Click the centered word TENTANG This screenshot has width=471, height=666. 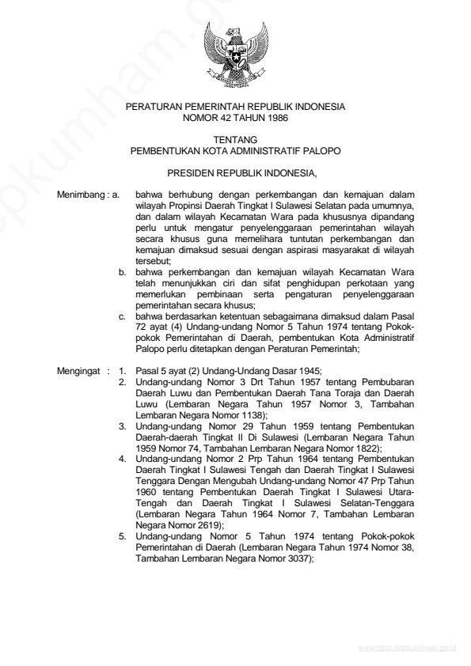[235, 139]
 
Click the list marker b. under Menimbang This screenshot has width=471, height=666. [123, 271]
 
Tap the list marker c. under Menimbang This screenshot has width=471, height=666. [123, 316]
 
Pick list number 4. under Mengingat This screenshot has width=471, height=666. [123, 458]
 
